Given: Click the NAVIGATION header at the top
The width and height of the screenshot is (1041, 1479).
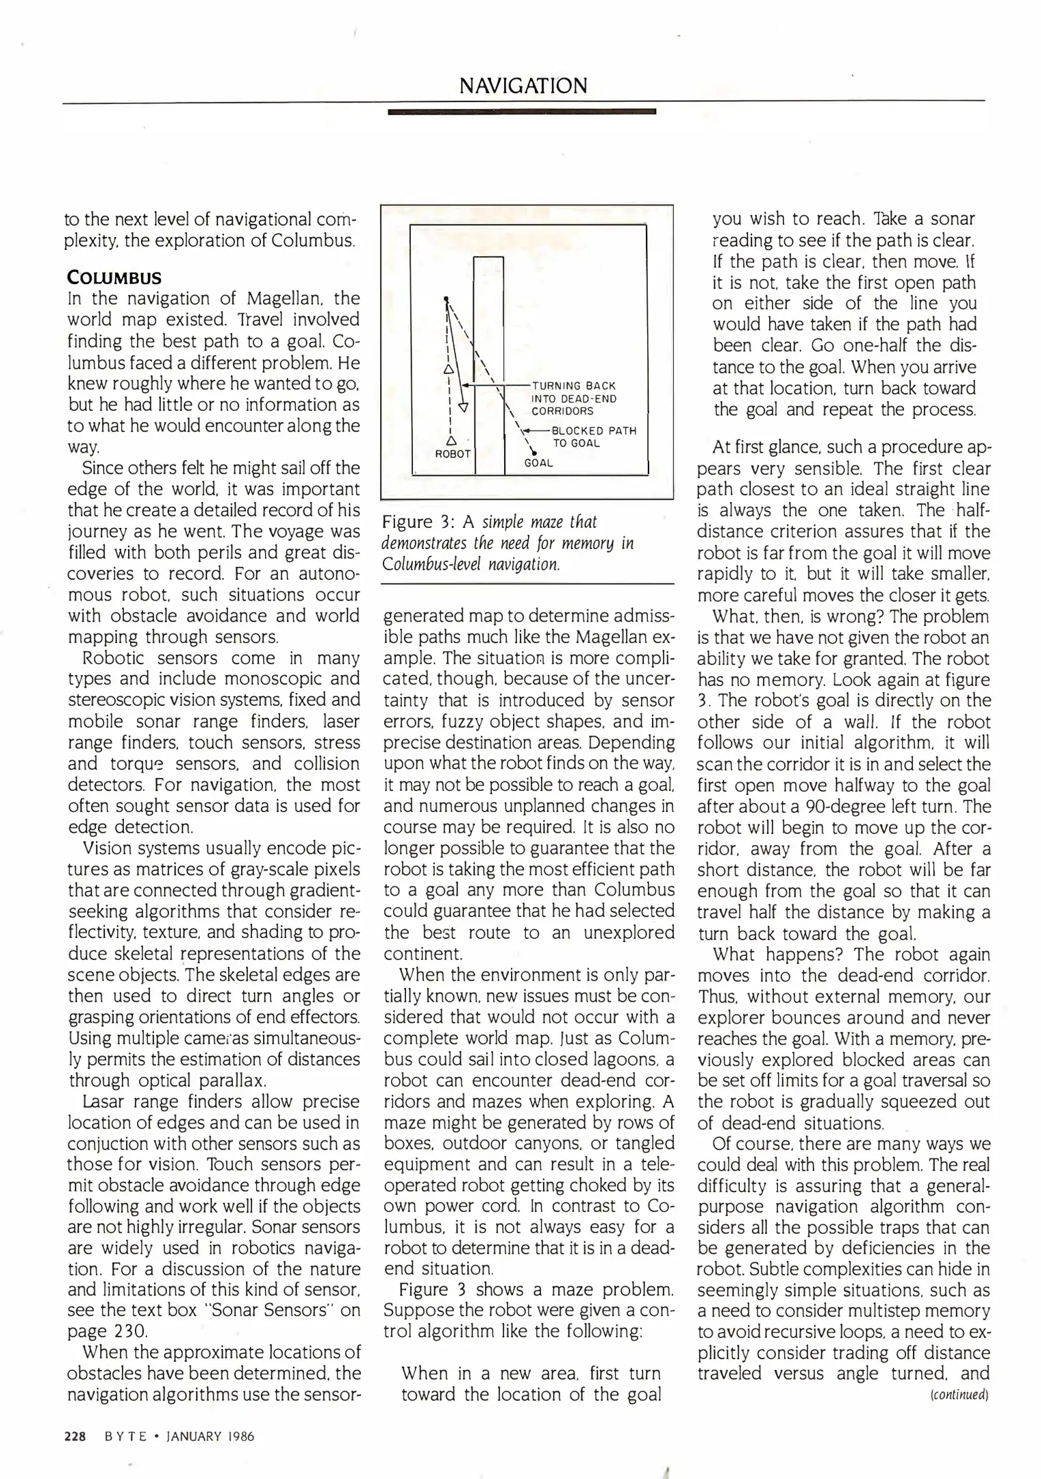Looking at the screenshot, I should click(523, 86).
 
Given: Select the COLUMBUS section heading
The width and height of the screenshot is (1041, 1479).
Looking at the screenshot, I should click(114, 278).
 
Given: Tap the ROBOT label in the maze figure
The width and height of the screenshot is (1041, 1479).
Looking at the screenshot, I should click(453, 454).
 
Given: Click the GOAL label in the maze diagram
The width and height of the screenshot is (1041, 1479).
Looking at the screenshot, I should click(538, 463).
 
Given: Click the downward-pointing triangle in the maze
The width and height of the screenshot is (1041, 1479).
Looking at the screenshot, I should click(462, 407).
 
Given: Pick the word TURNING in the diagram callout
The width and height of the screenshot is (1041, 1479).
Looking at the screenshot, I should click(555, 386).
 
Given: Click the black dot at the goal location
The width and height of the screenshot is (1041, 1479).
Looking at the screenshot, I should click(533, 451).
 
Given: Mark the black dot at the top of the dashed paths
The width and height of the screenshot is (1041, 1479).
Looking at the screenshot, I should click(445, 299).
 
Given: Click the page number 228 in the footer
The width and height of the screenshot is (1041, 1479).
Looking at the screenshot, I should click(74, 1436).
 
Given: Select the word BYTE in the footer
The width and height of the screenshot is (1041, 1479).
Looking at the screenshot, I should click(126, 1436).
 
